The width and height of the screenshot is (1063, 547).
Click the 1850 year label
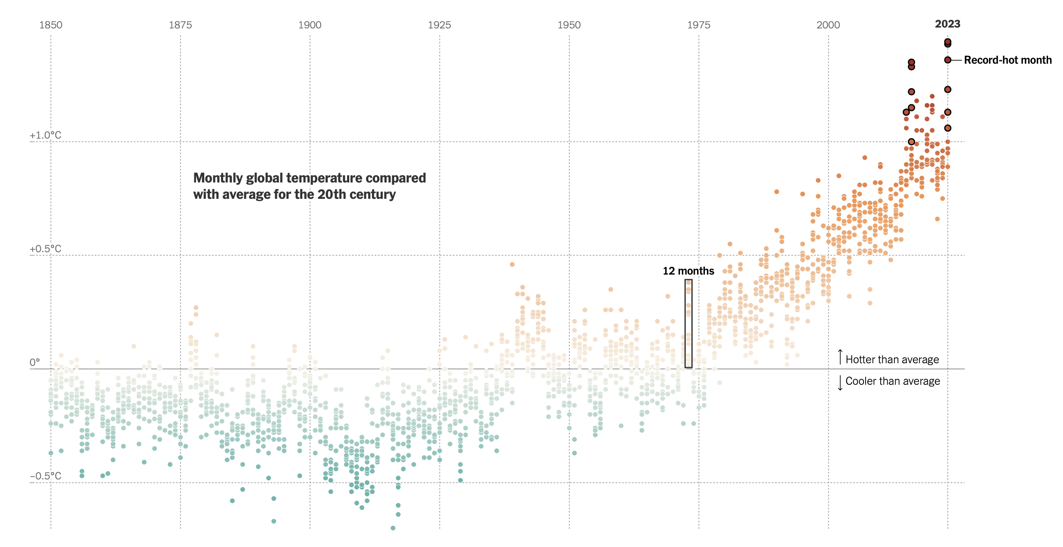(x=51, y=25)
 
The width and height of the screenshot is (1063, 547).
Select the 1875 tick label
(x=180, y=25)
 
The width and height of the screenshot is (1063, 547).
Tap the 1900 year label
(x=310, y=25)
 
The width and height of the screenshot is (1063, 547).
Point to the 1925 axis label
(x=439, y=25)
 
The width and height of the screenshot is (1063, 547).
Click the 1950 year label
(x=569, y=25)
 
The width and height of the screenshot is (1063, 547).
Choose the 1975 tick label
(x=698, y=25)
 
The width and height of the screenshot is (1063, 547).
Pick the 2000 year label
(x=828, y=25)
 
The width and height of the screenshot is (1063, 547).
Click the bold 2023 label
(x=947, y=24)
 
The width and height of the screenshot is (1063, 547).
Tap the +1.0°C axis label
(x=45, y=135)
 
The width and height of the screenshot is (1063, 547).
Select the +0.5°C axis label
(x=45, y=249)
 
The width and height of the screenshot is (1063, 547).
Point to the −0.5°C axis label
(x=45, y=476)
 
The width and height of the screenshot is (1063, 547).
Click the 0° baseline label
(x=34, y=362)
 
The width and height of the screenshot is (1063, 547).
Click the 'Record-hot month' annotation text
(x=1008, y=60)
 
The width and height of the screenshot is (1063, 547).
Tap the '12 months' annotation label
(x=688, y=271)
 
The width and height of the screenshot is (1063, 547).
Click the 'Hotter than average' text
(x=892, y=359)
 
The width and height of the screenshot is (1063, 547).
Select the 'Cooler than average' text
(x=892, y=381)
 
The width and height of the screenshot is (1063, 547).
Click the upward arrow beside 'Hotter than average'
(x=840, y=357)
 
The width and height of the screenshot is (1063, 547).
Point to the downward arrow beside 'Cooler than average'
(x=840, y=383)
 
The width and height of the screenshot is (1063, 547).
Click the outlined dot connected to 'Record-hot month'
(x=947, y=60)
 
